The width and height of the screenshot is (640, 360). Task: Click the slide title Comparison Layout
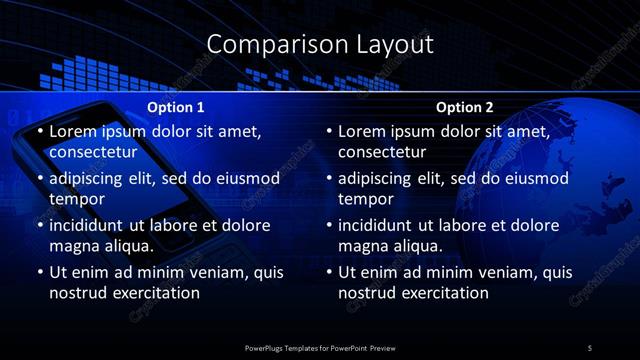pos(320,44)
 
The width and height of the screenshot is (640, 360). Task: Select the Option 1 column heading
pos(176,107)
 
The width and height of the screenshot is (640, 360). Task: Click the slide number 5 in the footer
pos(589,347)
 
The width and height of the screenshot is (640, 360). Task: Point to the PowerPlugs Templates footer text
pos(320,347)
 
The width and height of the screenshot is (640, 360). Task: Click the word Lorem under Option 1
pos(72,131)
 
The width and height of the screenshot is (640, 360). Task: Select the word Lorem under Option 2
pos(362,131)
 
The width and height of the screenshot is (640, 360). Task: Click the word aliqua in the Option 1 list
pos(126,246)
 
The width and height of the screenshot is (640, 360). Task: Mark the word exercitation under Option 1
pos(154,293)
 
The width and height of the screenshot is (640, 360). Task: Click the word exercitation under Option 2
pos(444,293)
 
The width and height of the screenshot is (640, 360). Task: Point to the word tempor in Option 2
pos(367,199)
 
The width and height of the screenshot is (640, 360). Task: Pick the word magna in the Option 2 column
pos(364,246)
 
